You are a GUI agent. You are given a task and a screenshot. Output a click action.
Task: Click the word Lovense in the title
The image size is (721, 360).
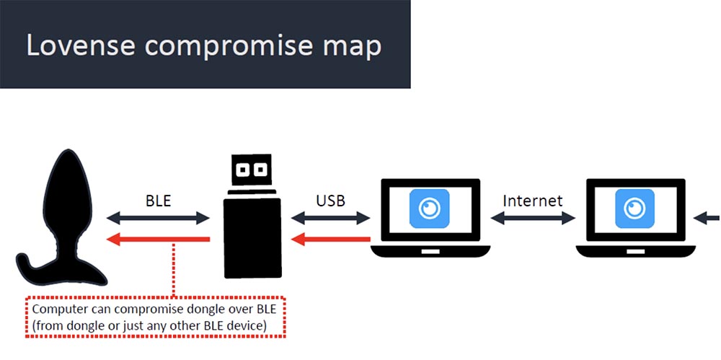tap(81, 45)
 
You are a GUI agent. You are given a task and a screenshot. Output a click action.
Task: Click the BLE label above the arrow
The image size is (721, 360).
tap(158, 201)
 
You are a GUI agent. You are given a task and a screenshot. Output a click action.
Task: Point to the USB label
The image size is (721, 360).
tap(331, 201)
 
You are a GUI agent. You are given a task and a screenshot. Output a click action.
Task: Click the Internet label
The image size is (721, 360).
tap(533, 201)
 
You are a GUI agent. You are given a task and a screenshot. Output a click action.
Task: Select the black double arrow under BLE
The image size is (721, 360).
tap(158, 218)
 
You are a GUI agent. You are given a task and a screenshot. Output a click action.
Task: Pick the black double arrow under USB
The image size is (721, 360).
tap(331, 218)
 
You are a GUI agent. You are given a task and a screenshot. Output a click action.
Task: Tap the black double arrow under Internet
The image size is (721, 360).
tap(533, 218)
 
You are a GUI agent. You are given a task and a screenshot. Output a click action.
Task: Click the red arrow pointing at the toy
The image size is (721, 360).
tap(158, 239)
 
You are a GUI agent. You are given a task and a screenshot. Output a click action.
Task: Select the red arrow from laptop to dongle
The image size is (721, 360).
tap(331, 239)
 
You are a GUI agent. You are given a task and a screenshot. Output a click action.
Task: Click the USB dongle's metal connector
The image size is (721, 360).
tap(252, 170)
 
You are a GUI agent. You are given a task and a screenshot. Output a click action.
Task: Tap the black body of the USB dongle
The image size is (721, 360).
tap(252, 238)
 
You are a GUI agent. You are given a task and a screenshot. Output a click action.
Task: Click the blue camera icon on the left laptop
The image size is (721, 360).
tap(430, 208)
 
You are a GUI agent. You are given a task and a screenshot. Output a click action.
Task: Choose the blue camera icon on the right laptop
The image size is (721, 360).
tap(635, 208)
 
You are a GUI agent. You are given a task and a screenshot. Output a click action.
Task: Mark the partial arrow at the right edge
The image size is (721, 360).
tap(707, 218)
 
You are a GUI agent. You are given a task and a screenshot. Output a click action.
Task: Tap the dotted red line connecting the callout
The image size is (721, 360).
tap(173, 270)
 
